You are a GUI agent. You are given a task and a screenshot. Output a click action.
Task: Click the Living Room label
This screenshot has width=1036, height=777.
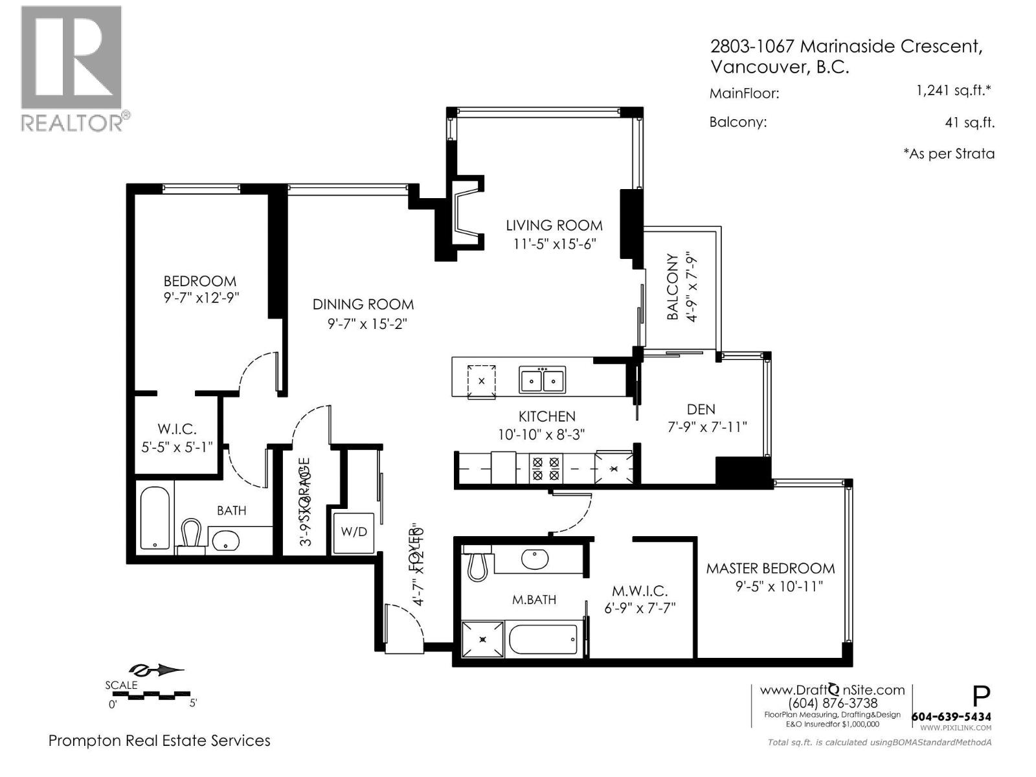(x=554, y=225)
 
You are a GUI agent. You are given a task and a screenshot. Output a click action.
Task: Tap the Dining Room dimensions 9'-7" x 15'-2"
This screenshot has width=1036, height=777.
(x=362, y=323)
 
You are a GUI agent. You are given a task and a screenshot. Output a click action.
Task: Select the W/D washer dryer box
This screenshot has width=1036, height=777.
(x=354, y=532)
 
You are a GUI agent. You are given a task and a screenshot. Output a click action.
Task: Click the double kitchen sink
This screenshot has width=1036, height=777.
(x=541, y=380)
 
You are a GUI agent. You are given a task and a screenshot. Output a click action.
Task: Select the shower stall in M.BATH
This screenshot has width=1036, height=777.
(x=483, y=639)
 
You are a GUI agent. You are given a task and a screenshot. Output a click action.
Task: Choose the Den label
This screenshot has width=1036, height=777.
(x=701, y=409)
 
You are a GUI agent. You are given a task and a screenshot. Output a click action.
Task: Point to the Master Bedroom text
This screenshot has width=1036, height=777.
(x=770, y=569)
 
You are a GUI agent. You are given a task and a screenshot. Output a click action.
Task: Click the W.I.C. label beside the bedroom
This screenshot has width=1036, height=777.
(x=177, y=429)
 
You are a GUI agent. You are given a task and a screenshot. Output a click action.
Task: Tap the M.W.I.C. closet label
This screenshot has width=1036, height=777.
(x=639, y=591)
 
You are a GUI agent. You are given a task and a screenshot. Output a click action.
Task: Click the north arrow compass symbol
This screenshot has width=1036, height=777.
(x=157, y=670)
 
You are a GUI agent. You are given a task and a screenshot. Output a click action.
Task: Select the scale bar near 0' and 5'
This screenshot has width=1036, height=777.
(x=152, y=697)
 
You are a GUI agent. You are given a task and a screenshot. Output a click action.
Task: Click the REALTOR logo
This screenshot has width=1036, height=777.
(x=73, y=68)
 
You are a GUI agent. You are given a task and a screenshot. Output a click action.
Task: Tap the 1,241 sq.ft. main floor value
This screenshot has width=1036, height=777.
(x=953, y=91)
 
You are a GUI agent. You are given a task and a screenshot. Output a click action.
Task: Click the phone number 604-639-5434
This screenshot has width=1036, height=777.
(x=951, y=717)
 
